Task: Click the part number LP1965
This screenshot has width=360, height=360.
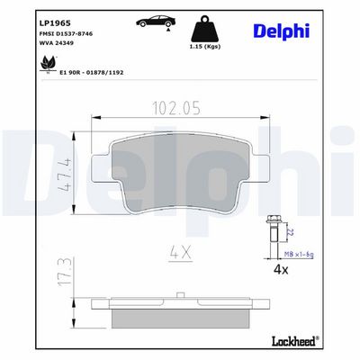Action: point(55,23)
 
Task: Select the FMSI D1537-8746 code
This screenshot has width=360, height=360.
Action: point(66,33)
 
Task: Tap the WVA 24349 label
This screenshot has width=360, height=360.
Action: point(57,43)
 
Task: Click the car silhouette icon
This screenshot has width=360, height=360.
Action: point(156,22)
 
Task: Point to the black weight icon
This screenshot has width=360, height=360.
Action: point(204,29)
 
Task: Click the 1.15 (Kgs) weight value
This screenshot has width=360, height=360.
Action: point(205,47)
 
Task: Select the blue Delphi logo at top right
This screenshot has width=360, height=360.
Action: point(282,31)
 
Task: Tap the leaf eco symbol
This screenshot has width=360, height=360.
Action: point(48,64)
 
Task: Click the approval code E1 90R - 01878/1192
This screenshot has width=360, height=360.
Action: point(92,72)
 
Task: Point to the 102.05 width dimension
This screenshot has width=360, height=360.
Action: point(176,108)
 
